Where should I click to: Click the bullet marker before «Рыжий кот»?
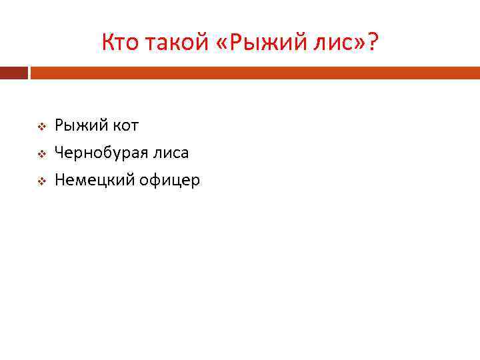[40, 126]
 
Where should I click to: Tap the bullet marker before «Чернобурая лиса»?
[40, 154]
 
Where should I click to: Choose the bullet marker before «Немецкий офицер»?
[40, 181]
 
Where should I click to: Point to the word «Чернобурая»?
[100, 153]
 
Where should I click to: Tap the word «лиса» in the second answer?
[170, 153]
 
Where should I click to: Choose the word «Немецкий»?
[93, 180]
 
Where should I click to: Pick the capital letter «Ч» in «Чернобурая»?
[59, 153]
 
